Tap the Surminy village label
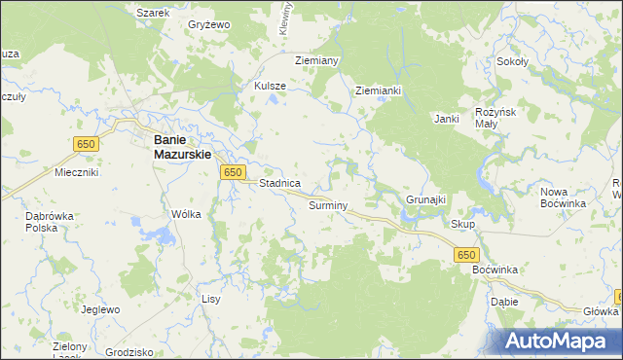point(328,206)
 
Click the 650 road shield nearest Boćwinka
point(465,253)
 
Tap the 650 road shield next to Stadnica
point(232,172)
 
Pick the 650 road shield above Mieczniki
point(87,144)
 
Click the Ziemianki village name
point(379,90)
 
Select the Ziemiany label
point(315,60)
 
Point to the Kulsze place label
point(270,86)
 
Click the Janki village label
point(447,119)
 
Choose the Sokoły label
point(512,60)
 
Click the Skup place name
point(462,224)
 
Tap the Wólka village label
point(185,214)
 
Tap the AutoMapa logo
point(558,342)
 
